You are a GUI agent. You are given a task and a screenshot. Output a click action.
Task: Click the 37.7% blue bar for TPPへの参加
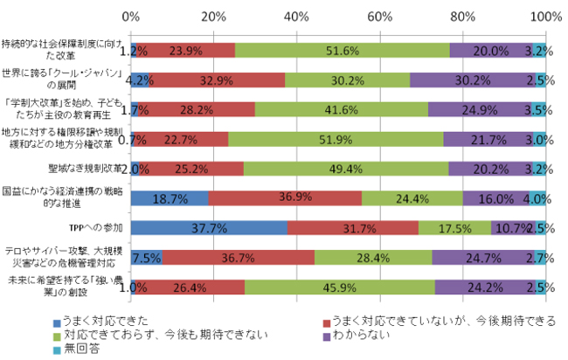pyautogui.click(x=209, y=227)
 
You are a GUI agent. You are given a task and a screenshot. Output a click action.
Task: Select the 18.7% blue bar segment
pyautogui.click(x=170, y=198)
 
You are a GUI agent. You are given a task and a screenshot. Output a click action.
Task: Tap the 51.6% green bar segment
pyautogui.click(x=343, y=51)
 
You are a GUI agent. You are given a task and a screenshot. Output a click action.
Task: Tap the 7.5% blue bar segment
pyautogui.click(x=146, y=257)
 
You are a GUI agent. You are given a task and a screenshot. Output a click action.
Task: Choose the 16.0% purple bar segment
pyautogui.click(x=495, y=198)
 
